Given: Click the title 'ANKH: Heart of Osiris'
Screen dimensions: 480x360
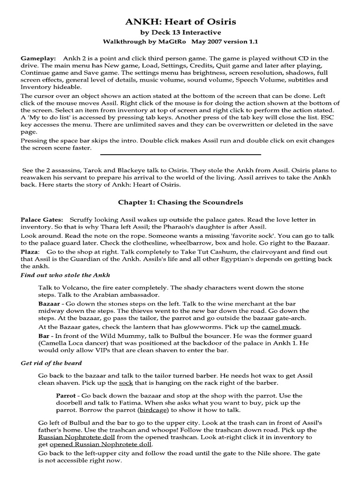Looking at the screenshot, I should (180, 22).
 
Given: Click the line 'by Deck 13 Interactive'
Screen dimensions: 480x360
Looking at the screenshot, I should (180, 32).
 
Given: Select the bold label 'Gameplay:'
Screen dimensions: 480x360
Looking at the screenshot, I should (38, 58).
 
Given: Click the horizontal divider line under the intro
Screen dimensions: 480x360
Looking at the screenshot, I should (180, 154).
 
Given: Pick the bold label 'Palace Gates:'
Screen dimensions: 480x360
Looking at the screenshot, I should (41, 219).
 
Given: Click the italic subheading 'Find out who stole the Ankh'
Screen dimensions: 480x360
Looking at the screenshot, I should (65, 275).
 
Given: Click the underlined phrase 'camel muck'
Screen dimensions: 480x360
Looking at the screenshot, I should (281, 326).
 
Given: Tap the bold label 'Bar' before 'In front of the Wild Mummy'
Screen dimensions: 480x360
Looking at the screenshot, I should (44, 336).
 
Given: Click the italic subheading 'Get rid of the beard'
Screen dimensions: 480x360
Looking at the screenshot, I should (51, 363).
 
